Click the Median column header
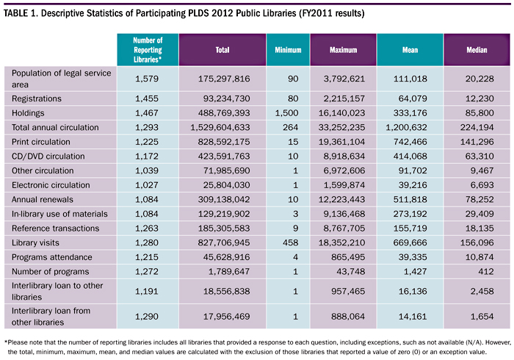pyautogui.click(x=477, y=50)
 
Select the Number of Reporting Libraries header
pyautogui.click(x=148, y=50)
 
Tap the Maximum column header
pyautogui.click(x=343, y=50)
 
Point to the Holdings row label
pyautogui.click(x=28, y=113)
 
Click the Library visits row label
pyautogui.click(x=35, y=242)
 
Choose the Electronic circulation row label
pyautogui.click(x=51, y=185)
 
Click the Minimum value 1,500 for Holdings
pyautogui.click(x=287, y=113)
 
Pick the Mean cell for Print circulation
pyautogui.click(x=410, y=142)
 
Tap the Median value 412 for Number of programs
pyautogui.click(x=485, y=272)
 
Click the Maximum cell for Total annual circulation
pyautogui.click(x=341, y=127)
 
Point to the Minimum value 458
pyautogui.click(x=291, y=242)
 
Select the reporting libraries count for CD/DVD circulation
pyautogui.click(x=147, y=156)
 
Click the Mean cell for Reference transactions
pyautogui.click(x=410, y=228)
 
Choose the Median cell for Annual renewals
pyautogui.click(x=479, y=199)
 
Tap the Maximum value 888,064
pyautogui.click(x=348, y=317)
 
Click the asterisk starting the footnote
pyautogui.click(x=6, y=342)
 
